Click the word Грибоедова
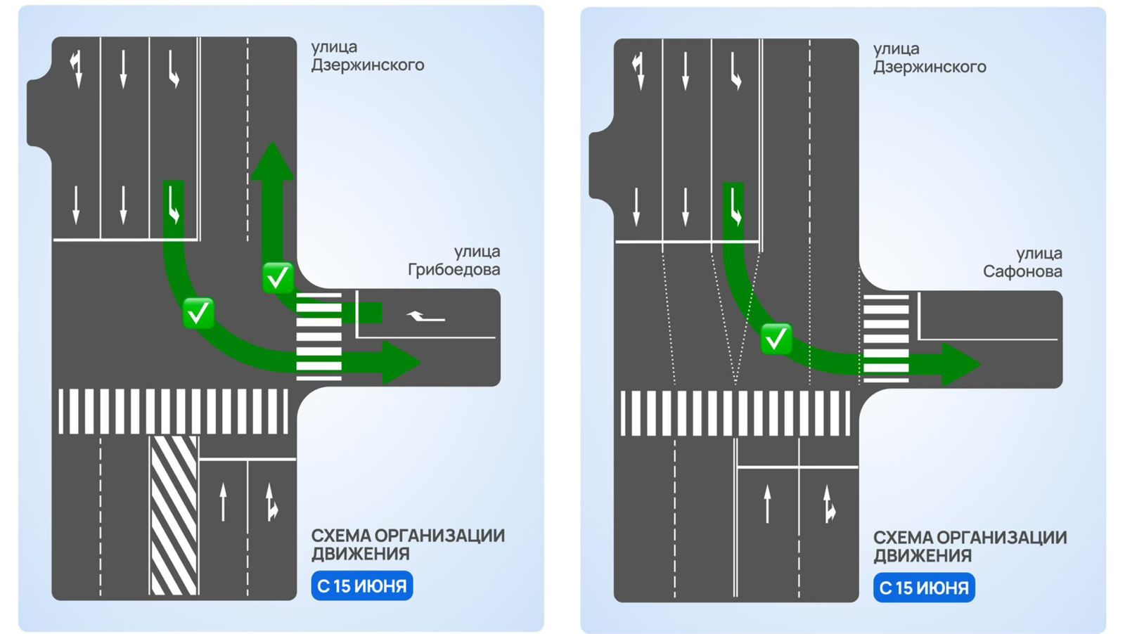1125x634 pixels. (454, 270)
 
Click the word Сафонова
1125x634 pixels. (1022, 272)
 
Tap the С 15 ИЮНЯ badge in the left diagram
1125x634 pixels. (361, 586)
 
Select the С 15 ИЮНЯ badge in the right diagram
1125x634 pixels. (924, 588)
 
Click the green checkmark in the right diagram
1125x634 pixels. (776, 339)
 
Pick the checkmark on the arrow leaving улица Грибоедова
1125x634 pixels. (277, 278)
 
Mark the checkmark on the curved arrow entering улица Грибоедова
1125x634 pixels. (198, 313)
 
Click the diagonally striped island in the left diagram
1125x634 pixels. (174, 515)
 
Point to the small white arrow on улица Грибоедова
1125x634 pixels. (425, 317)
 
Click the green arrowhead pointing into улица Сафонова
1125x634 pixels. (960, 364)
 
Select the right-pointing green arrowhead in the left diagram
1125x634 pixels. (400, 363)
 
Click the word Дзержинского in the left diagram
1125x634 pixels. (368, 65)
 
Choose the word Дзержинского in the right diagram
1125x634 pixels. (930, 67)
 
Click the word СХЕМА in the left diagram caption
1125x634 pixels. (340, 536)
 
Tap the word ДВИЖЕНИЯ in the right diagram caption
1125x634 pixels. (922, 556)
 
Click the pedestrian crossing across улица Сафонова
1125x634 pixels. (886, 338)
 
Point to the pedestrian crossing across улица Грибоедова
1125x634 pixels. (319, 337)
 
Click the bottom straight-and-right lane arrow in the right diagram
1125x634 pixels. (829, 504)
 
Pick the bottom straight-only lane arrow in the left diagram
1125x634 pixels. (224, 502)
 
